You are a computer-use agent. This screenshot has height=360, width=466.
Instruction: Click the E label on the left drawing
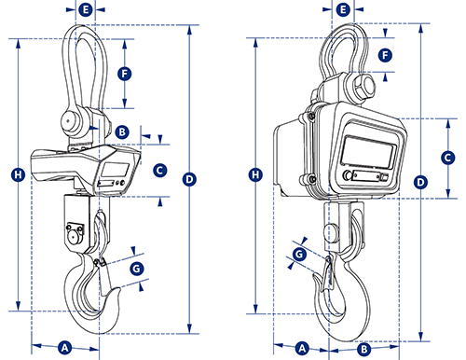(86, 9)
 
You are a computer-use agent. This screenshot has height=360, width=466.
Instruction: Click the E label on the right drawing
(343, 9)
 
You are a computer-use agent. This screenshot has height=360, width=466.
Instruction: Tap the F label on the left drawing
(125, 74)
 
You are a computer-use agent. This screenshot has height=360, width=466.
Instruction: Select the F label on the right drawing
(385, 55)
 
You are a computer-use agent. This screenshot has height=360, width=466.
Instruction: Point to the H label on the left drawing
(18, 174)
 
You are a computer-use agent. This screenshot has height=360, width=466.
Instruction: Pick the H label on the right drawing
(255, 174)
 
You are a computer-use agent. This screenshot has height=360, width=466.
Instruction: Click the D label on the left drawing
(189, 179)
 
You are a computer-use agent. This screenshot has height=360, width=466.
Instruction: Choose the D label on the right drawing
(420, 182)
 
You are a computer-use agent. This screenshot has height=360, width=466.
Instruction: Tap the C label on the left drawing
(160, 171)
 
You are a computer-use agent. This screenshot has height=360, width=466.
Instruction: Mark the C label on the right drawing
(447, 158)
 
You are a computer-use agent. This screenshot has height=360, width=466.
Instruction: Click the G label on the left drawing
(137, 269)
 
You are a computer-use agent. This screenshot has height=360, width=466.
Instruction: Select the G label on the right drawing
(299, 255)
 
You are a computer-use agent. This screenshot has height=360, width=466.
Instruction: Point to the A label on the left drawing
(64, 348)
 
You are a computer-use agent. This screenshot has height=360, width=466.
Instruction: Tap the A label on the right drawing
(302, 348)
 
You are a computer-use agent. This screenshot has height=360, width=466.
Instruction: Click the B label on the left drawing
(122, 132)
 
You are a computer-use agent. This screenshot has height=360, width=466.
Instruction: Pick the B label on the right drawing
(363, 350)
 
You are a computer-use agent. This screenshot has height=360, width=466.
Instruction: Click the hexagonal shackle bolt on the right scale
(363, 87)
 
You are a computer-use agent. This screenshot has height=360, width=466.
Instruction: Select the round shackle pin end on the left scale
(68, 120)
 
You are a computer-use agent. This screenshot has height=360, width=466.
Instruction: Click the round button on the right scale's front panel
(347, 175)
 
